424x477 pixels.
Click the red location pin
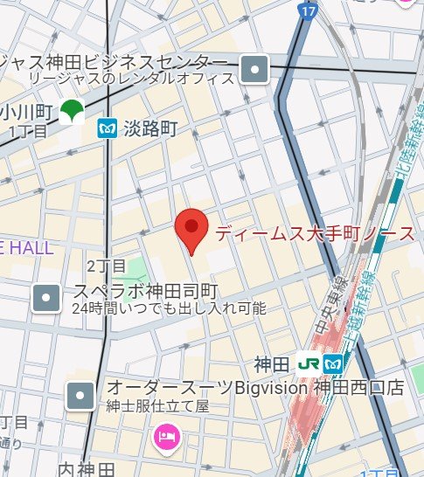pos(191,230)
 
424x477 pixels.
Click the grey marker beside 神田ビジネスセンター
pos(254,68)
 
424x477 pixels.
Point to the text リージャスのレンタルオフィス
pos(132,79)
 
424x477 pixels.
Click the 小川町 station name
pos(27,111)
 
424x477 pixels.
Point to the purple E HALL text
pos(26,247)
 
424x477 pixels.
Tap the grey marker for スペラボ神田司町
pos(45,299)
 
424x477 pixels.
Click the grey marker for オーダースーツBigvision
pos(80,396)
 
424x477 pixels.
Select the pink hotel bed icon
pos(164,436)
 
